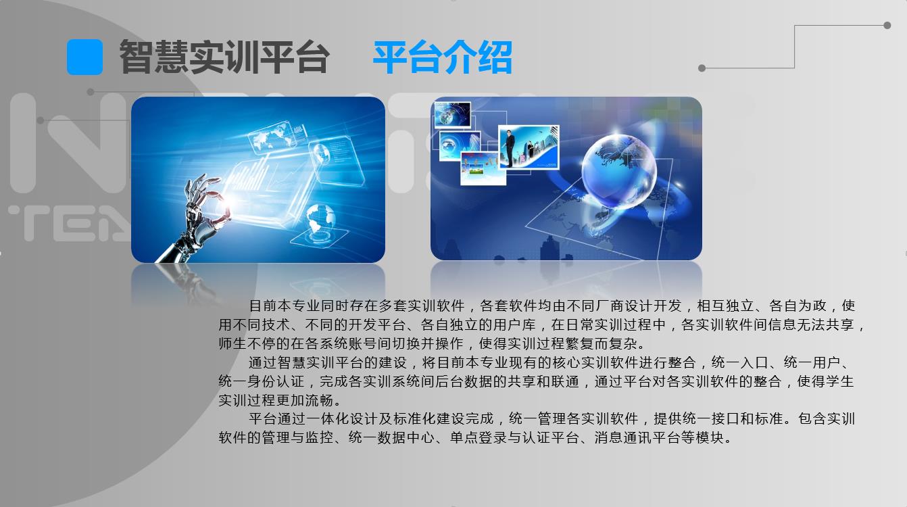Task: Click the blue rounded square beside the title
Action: point(84,57)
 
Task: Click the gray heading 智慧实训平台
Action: point(224,57)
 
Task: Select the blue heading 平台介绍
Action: point(442,57)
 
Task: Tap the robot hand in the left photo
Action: point(195,216)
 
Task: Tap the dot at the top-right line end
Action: point(887,26)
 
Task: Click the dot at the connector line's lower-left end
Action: point(702,68)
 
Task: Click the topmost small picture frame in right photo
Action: point(451,114)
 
